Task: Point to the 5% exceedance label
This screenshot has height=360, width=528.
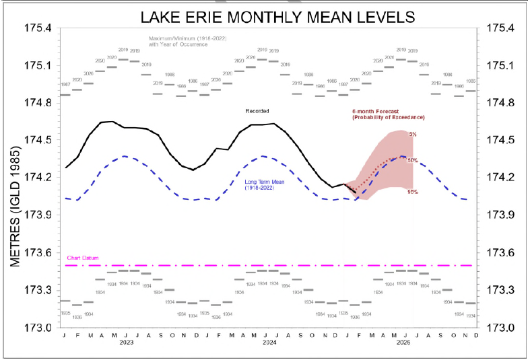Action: (x=412, y=135)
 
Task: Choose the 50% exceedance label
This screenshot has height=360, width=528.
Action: (x=412, y=160)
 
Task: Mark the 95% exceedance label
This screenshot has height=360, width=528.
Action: (x=413, y=192)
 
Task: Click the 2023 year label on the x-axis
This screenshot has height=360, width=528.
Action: (x=125, y=342)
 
